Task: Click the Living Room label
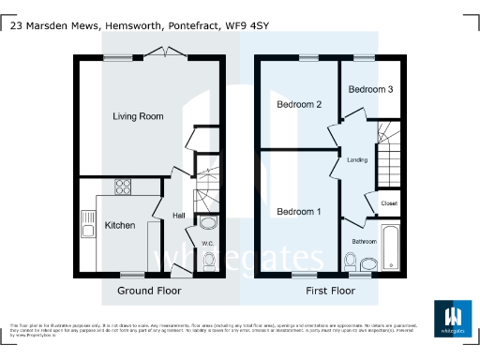138,117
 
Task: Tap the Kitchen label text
119,225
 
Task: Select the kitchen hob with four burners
123,186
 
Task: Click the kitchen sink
87,224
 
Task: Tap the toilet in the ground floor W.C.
208,260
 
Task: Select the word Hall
178,216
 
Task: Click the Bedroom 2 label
299,105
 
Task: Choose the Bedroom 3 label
370,89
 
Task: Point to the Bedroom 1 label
299,212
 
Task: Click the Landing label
357,159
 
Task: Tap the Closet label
389,203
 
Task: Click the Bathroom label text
364,241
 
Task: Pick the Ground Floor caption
149,292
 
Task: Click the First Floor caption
331,292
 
